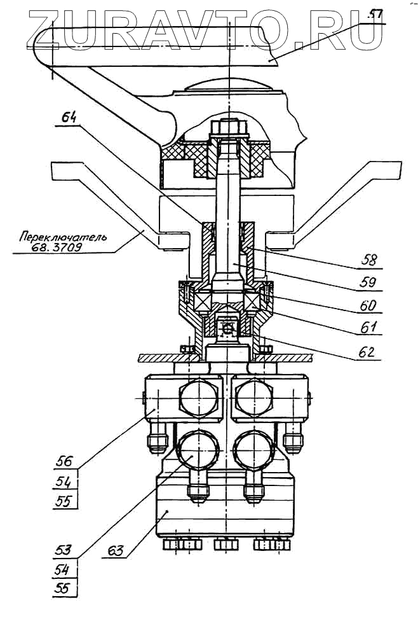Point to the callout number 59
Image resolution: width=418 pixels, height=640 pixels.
(x=368, y=282)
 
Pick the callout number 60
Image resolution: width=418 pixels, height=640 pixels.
(x=368, y=305)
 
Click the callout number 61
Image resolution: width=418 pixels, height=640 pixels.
(x=368, y=328)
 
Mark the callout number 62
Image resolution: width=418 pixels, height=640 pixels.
(x=368, y=351)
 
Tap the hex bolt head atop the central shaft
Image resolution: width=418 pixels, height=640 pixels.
(x=227, y=129)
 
